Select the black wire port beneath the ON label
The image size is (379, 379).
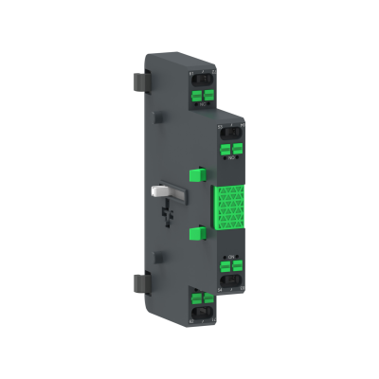[232, 280]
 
